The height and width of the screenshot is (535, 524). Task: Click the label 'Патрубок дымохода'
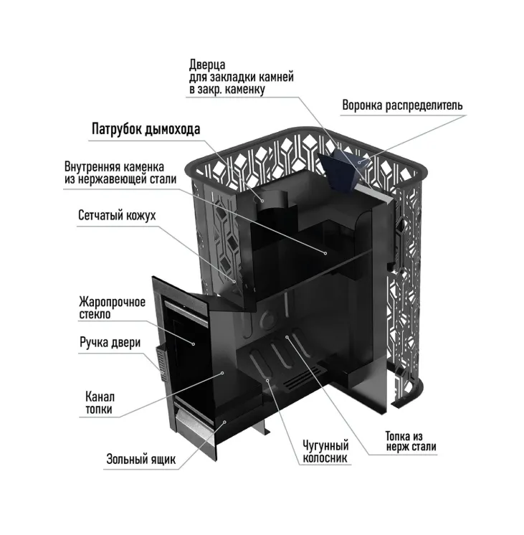pos(146,129)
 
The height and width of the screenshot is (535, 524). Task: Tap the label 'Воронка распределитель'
pos(403,105)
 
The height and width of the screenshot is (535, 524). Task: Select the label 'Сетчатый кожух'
pos(117,216)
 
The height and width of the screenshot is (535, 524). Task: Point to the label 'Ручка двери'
pos(110,342)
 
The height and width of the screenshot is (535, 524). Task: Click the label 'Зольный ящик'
pos(141,459)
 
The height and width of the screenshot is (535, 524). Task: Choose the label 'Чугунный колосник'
pos(325,452)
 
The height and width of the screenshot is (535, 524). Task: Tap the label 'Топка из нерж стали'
pos(411,441)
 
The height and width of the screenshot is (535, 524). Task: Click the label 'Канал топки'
pos(100,403)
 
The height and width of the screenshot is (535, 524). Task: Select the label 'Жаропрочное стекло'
pos(113,308)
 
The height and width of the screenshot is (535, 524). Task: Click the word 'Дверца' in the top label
pos(207,65)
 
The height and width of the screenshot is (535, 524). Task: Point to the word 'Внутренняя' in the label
pos(92,167)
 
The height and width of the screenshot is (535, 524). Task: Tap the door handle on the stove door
pos(161,362)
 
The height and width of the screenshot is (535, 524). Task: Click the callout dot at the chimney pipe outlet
pos(262,201)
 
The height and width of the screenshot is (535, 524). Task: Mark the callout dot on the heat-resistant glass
pos(194,344)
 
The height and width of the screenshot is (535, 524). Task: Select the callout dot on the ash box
pos(225,422)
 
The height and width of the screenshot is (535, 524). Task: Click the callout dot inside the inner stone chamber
pos(325,253)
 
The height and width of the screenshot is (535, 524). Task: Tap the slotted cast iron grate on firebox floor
pos(300,379)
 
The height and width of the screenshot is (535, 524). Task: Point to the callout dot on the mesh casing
pos(234,282)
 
